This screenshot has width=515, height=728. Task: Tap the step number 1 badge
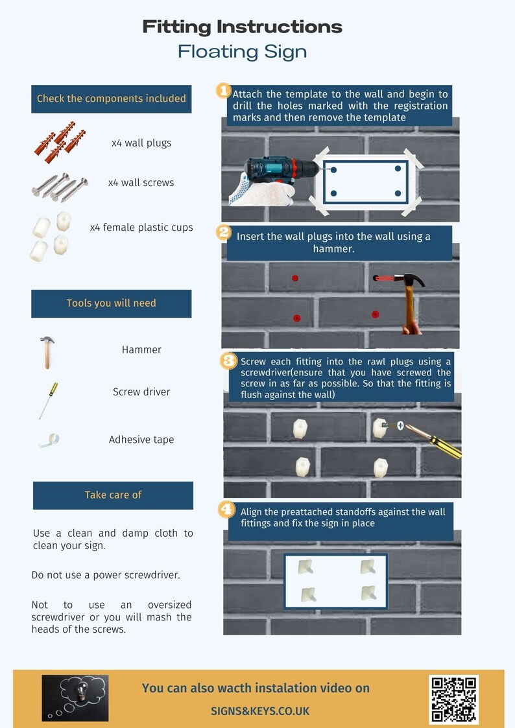[x=223, y=91]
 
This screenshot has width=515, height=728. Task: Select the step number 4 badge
[x=226, y=510]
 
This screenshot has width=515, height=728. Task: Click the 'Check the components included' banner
[x=112, y=99]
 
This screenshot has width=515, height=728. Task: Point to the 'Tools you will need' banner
[x=112, y=303]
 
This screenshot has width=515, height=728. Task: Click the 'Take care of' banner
[x=113, y=495]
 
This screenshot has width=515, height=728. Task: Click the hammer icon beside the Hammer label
[x=47, y=352]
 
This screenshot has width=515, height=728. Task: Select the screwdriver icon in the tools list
[x=48, y=400]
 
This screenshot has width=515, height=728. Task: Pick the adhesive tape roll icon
[x=50, y=440]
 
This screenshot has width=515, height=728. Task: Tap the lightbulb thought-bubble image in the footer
[x=75, y=698]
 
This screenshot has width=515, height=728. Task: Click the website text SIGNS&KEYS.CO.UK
[x=260, y=711]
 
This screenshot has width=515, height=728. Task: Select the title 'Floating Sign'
[x=243, y=51]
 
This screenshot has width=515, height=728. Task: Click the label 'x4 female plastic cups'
[x=141, y=228]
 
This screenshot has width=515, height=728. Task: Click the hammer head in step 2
[x=409, y=279]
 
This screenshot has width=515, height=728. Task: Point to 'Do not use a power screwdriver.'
[x=106, y=575]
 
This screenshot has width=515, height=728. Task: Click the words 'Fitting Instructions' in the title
[x=243, y=27]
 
